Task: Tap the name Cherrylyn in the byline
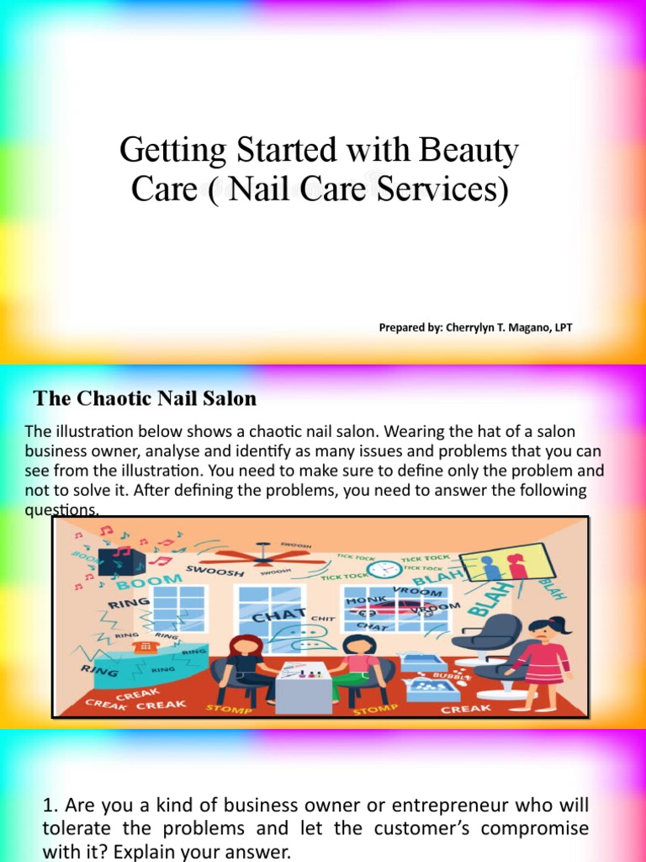pos(470,327)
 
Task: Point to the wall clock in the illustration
pos(385,569)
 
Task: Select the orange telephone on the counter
pos(147,644)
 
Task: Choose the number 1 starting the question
pos(48,806)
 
